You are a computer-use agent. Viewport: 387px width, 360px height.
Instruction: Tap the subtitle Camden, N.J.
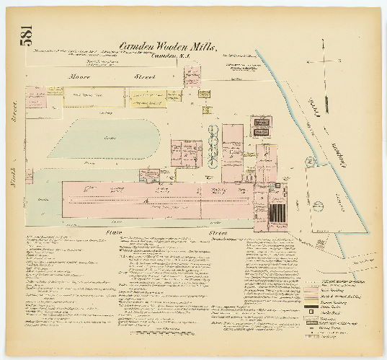point(174,58)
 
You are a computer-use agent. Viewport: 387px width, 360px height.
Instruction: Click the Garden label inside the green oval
point(110,138)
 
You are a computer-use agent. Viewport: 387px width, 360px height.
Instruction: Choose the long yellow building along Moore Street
point(148,98)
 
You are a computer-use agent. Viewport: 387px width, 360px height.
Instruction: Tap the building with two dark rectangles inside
point(262,126)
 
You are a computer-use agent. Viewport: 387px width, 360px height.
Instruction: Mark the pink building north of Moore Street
point(192,76)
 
